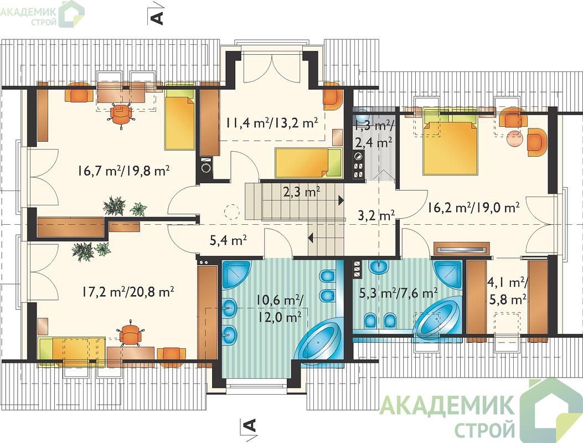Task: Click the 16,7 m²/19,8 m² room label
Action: click(x=124, y=171)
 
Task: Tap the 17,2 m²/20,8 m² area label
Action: click(x=127, y=292)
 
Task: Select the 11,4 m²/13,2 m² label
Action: click(x=271, y=123)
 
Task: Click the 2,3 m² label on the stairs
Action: click(x=302, y=192)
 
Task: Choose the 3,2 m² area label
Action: click(x=376, y=215)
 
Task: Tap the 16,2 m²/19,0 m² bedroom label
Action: click(x=473, y=207)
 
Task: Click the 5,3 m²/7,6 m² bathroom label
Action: click(x=398, y=293)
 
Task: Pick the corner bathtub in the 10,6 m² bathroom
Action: click(x=321, y=340)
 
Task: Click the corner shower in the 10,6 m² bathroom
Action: click(x=236, y=274)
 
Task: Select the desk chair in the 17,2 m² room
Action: click(x=130, y=334)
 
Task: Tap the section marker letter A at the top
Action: click(x=158, y=18)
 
